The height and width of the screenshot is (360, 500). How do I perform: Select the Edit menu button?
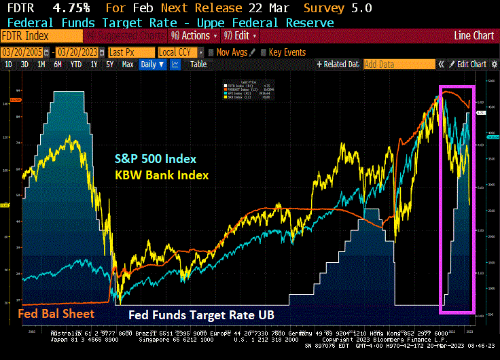pos(243,35)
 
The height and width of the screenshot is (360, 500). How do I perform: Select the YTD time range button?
pos(75,65)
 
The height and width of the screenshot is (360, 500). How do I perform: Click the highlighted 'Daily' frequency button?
pos(152,65)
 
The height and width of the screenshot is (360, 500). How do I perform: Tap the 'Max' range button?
pos(128,65)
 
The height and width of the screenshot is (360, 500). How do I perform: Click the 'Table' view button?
pos(198,65)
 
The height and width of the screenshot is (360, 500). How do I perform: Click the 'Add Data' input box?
pos(399,65)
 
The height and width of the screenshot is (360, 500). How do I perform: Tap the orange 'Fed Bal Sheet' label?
pos(56,314)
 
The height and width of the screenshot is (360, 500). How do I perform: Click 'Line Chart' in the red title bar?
pos(474,35)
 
